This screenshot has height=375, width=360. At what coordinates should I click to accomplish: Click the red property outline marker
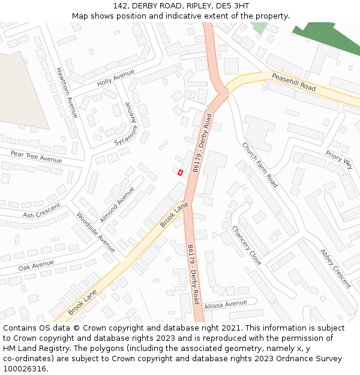(x=180, y=173)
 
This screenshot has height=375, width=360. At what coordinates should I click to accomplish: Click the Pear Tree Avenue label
(x=36, y=157)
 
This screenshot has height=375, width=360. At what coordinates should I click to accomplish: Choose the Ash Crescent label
(x=41, y=211)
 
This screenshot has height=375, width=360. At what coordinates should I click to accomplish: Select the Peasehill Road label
(x=293, y=82)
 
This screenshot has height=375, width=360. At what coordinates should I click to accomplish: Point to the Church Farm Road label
(x=260, y=164)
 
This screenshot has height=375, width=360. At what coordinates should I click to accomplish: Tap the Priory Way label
(x=339, y=160)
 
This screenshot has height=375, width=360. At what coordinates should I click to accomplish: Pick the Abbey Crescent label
(x=335, y=268)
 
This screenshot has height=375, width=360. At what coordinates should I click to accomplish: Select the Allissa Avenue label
(x=226, y=305)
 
